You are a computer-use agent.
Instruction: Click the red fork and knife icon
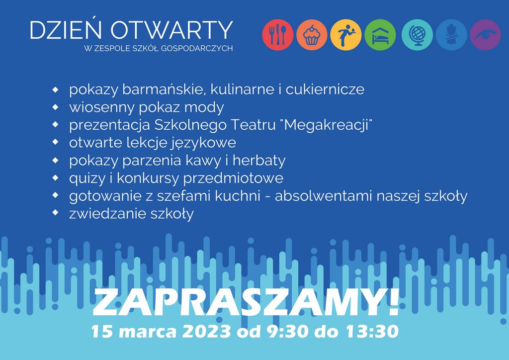tap(277, 35)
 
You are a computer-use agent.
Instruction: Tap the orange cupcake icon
tap(312, 35)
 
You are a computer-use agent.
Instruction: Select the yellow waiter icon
tap(346, 35)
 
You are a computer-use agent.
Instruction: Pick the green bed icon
tap(380, 35)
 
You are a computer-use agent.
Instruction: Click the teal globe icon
tap(417, 35)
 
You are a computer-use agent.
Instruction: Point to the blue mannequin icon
tap(451, 35)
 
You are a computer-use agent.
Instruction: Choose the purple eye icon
tap(485, 35)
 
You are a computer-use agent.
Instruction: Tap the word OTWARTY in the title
tap(171, 30)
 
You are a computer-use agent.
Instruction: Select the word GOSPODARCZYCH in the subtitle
tap(197, 49)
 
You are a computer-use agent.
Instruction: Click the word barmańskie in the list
tap(165, 90)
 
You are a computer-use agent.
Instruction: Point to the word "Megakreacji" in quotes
tap(328, 125)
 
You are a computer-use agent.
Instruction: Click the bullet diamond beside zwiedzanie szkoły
tap(56, 213)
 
